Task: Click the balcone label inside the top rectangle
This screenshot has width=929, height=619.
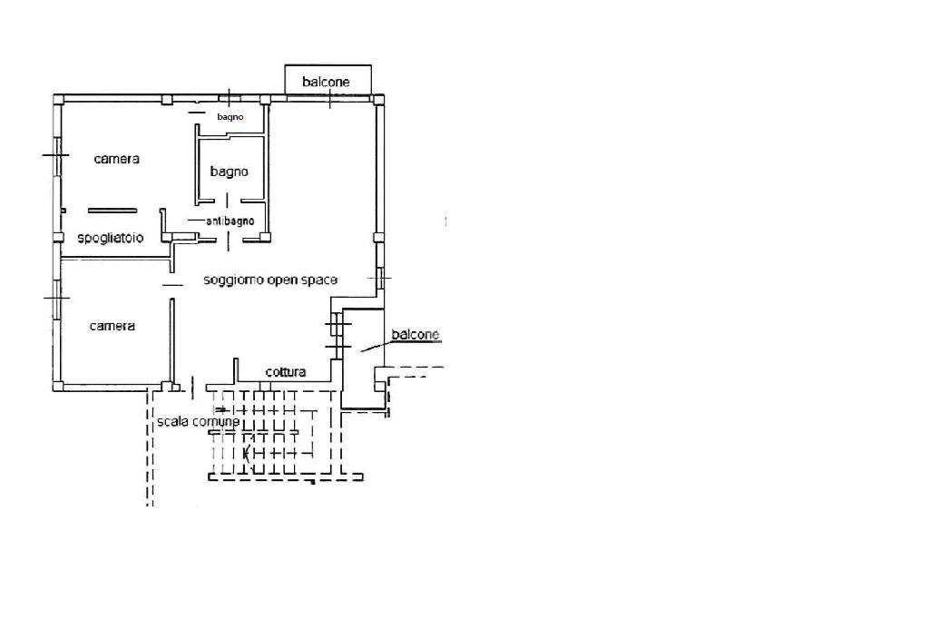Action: tap(326, 82)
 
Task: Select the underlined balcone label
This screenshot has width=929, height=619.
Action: tap(416, 334)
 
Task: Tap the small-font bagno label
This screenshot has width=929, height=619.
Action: tap(230, 117)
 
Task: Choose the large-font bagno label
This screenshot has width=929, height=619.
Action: tap(230, 172)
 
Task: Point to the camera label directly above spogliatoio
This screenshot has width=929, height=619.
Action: tap(117, 159)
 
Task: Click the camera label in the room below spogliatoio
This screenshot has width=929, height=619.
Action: tap(112, 326)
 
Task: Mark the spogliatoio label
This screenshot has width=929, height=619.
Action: tap(111, 239)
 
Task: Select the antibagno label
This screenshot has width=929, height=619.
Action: tap(230, 221)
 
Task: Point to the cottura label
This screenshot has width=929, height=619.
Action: tap(286, 372)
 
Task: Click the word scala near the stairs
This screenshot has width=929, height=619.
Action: tap(172, 421)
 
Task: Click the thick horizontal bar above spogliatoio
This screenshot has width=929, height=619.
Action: tap(112, 210)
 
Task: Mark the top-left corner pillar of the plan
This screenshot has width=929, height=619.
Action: tap(58, 99)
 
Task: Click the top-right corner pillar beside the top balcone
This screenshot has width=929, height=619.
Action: tap(378, 99)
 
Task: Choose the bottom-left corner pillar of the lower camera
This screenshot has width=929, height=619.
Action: tap(58, 387)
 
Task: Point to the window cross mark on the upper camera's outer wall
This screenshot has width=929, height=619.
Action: tap(57, 155)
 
